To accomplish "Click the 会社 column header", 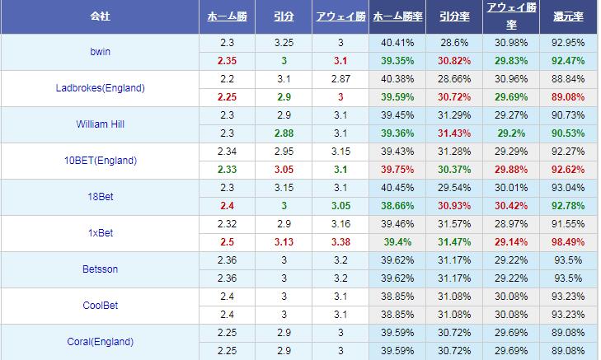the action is coord(100,16).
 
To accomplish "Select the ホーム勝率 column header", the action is coord(397,16).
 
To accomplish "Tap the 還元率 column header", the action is coord(568,16).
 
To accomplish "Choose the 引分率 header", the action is coord(454,16).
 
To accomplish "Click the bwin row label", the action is coord(100,52).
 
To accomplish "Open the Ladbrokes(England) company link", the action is coord(100,88).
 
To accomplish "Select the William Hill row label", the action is coord(100,124).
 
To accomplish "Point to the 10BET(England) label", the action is coord(100,161).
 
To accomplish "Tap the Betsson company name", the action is coord(100,269).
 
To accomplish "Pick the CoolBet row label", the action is coord(100,306).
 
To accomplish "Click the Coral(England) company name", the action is coord(100,342).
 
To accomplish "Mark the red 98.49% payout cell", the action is coord(568,242).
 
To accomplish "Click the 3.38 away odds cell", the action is coord(340,242).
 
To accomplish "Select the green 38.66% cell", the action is coord(397,206).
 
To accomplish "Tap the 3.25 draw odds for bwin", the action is coord(284,43).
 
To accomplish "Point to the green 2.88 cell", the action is coord(284,133).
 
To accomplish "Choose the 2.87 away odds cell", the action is coord(340,79).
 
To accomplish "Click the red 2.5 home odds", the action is coord(227,242).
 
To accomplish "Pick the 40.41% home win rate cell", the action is coord(397,43).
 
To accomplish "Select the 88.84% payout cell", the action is coord(568,79).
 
